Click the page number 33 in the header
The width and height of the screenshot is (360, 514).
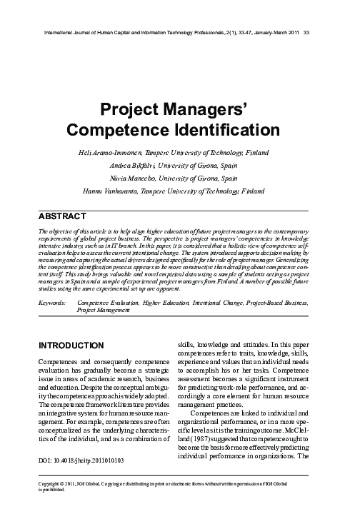click(x=306, y=33)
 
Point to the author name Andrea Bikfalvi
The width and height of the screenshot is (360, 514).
click(x=134, y=166)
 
